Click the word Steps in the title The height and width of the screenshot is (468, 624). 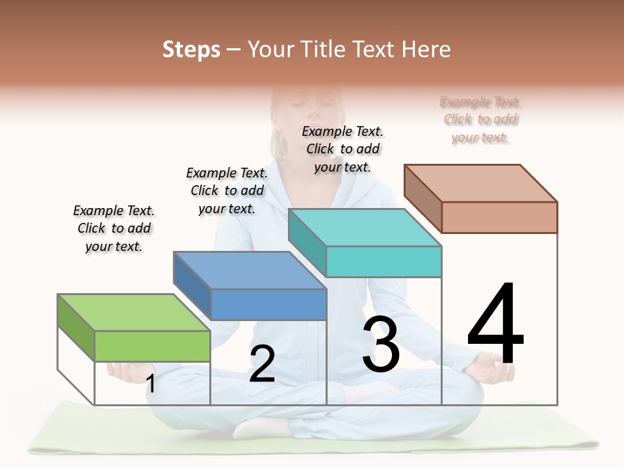tap(190, 49)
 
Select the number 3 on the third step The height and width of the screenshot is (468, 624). tap(381, 345)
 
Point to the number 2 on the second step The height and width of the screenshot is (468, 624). tap(262, 365)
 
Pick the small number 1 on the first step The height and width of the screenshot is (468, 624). tap(151, 383)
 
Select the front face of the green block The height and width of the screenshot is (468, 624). tap(152, 346)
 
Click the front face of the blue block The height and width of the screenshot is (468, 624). tap(268, 304)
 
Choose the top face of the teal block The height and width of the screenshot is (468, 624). tap(365, 227)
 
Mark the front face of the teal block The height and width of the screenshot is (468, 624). tap(383, 261)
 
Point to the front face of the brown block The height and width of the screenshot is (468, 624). tap(499, 217)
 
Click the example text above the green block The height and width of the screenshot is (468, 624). tap(114, 229)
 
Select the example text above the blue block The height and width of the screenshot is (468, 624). tap(227, 190)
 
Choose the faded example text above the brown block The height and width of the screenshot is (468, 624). tap(480, 120)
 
